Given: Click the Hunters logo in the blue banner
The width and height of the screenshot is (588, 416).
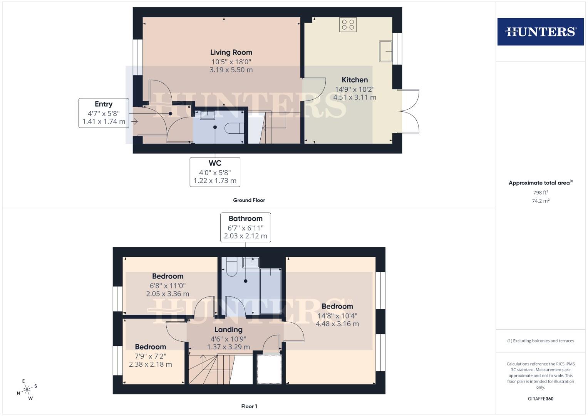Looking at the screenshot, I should tap(540, 32).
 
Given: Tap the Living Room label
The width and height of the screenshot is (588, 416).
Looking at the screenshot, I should tap(231, 52).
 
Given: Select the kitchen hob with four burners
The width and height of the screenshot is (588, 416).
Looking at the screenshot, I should tap(348, 25).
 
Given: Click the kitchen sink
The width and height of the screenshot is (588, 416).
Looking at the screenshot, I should tap(385, 51).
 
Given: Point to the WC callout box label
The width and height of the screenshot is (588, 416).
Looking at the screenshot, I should tap(215, 163).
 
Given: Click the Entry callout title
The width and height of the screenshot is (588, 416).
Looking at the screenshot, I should tap(104, 104).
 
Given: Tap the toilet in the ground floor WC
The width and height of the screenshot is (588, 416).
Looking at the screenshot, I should tap(234, 128).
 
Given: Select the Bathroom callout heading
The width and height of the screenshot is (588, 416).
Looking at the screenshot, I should tap(245, 218).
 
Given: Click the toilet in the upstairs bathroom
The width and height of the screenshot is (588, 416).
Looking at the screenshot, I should tap(231, 267).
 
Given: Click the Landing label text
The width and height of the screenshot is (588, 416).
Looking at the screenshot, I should tap(228, 330).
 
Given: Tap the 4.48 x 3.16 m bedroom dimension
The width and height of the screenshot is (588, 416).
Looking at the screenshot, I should tap(337, 324).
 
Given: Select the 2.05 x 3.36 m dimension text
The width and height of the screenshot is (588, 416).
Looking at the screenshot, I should tap(168, 294).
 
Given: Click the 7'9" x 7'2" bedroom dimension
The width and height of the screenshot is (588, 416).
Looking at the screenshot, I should tap(150, 356).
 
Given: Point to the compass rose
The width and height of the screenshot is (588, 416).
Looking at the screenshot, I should tap(27, 390).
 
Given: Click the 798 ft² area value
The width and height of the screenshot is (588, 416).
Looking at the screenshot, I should tap(540, 193).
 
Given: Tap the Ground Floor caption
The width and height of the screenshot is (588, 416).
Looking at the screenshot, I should tap(249, 200).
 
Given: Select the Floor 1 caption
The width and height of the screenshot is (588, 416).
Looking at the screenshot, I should tap(249, 406).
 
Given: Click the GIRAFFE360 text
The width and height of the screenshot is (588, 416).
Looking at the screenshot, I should tap(540, 399).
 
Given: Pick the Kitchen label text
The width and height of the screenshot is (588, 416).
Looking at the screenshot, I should tap(355, 80).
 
